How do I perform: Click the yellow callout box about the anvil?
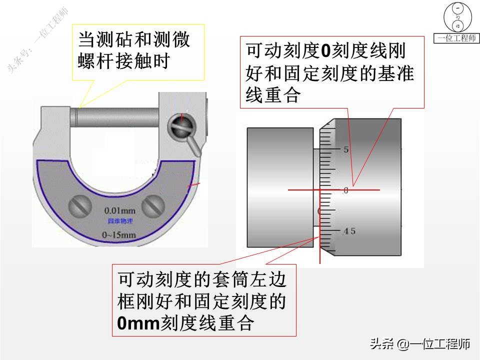click(x=138, y=52)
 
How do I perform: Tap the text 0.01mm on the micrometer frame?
click(x=119, y=210)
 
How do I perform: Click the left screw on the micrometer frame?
click(x=80, y=205)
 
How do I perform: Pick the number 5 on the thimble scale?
click(x=345, y=149)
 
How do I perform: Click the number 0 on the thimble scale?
click(x=345, y=190)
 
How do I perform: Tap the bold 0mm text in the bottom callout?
click(x=137, y=322)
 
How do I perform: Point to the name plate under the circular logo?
click(x=457, y=39)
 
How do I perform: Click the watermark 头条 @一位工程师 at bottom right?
click(x=419, y=343)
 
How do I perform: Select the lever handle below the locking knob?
click(x=194, y=146)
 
